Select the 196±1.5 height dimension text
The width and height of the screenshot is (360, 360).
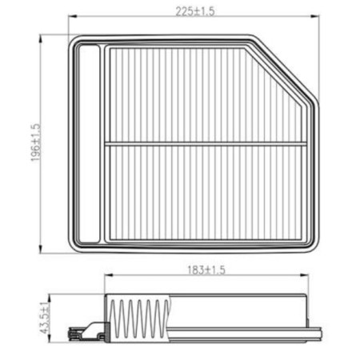(34, 142)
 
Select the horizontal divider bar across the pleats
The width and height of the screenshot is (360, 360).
(206, 144)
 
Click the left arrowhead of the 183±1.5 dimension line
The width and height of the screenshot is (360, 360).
(107, 278)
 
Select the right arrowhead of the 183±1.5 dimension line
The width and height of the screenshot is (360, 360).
(307, 278)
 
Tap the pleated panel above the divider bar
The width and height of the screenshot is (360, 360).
(206, 94)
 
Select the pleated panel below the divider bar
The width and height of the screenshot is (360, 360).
(206, 192)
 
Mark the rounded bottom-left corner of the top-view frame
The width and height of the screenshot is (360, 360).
(75, 245)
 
